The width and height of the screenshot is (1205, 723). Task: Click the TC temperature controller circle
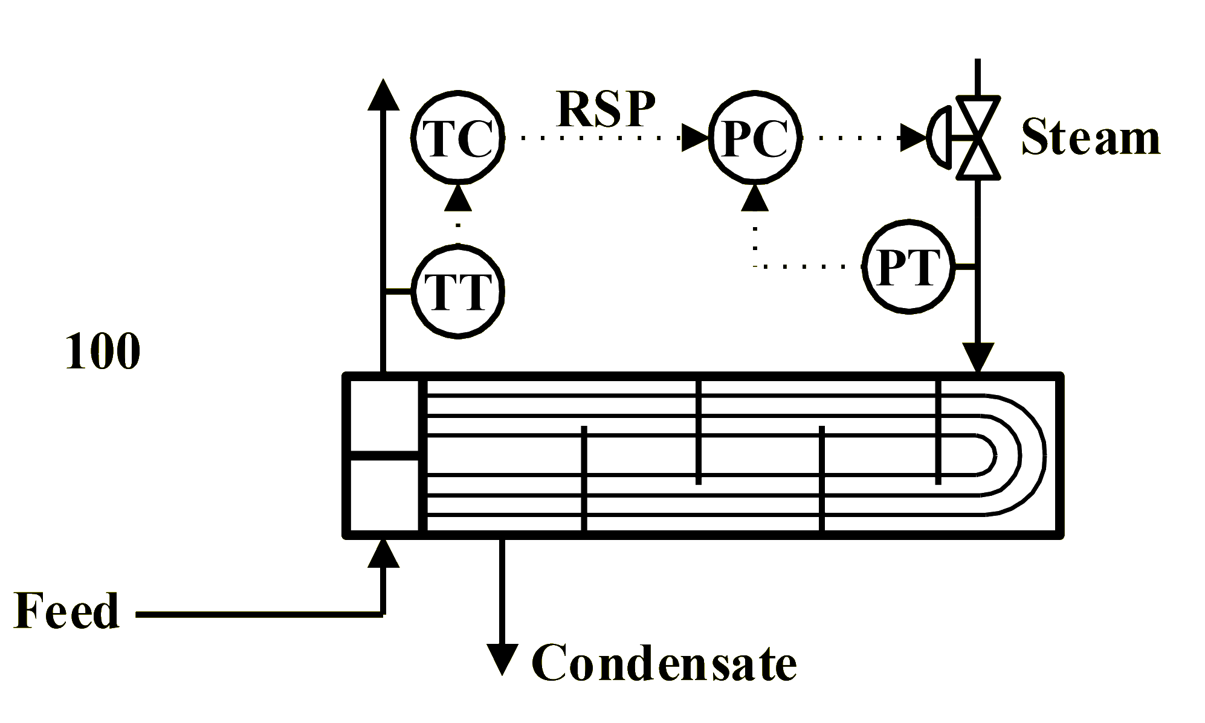tap(459, 138)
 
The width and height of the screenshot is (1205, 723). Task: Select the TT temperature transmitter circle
tap(459, 291)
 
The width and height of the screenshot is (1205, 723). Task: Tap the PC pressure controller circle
tap(755, 138)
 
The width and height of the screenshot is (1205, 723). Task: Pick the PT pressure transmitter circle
tap(908, 266)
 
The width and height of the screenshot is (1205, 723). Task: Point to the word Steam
tap(1091, 138)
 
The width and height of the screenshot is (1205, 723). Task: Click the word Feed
tap(66, 612)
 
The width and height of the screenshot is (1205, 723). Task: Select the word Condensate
tap(664, 663)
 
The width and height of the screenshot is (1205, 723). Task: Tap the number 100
tap(103, 351)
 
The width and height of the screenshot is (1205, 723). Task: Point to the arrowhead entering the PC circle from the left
tap(695, 138)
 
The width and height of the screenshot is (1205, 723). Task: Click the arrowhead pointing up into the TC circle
tap(459, 199)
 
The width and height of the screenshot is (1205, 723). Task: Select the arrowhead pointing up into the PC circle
tap(755, 199)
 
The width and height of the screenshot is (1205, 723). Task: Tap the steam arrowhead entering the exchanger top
tap(977, 356)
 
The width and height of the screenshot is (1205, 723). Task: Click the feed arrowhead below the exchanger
tap(384, 554)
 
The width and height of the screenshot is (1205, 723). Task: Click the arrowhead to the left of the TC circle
tap(384, 95)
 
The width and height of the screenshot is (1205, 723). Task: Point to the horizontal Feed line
tap(260, 614)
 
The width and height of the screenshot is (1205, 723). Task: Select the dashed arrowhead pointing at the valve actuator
tap(914, 138)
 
